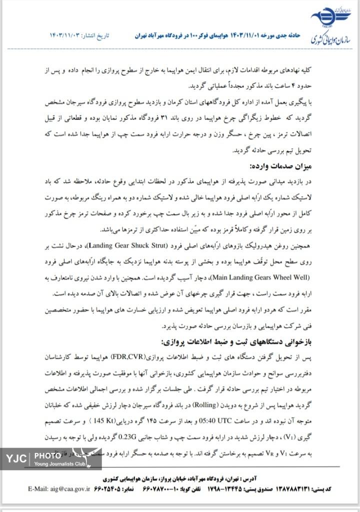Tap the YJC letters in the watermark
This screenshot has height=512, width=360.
coord(17,457)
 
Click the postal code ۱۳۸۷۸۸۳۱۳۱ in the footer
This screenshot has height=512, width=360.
coord(293,487)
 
